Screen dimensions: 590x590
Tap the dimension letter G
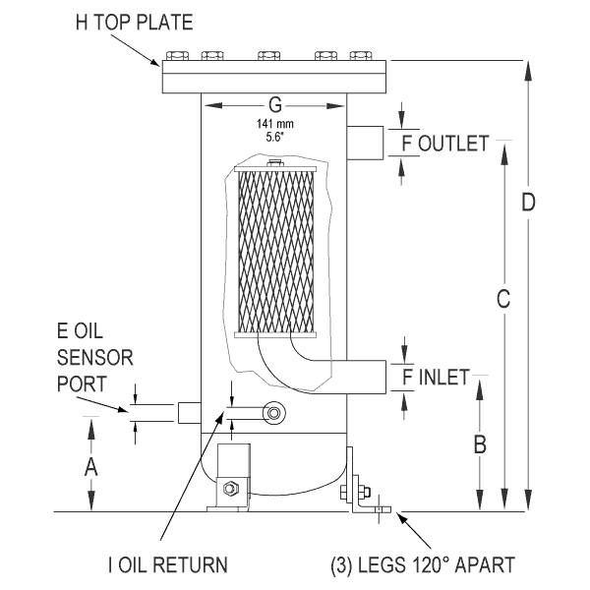[274, 104]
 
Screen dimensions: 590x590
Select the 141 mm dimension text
[274, 124]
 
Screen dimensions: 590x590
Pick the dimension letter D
[528, 203]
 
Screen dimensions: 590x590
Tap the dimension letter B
[480, 444]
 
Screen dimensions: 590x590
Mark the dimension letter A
[91, 467]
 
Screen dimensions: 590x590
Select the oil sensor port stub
[189, 413]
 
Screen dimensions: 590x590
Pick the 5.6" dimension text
[274, 137]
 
